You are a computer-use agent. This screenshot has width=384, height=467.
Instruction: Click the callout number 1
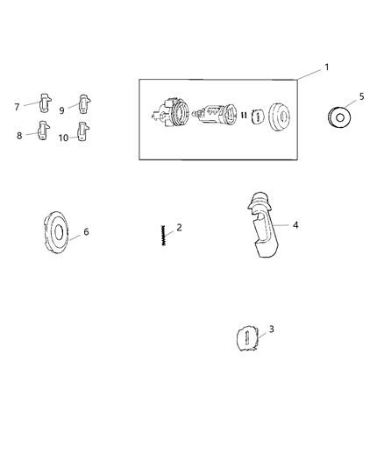click(x=326, y=67)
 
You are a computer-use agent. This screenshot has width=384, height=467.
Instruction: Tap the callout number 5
click(x=362, y=96)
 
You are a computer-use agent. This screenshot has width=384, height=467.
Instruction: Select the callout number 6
click(x=86, y=231)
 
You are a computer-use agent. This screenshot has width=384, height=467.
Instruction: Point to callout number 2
click(x=179, y=228)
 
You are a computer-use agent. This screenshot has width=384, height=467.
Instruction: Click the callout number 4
click(x=295, y=225)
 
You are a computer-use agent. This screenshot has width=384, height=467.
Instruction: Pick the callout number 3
click(x=271, y=329)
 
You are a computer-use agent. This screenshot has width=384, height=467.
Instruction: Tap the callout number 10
click(x=63, y=138)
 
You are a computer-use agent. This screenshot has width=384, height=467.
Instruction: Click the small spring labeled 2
click(x=163, y=236)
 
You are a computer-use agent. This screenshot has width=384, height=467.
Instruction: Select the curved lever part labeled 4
click(x=263, y=224)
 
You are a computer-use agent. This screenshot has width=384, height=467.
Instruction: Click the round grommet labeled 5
click(x=339, y=117)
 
